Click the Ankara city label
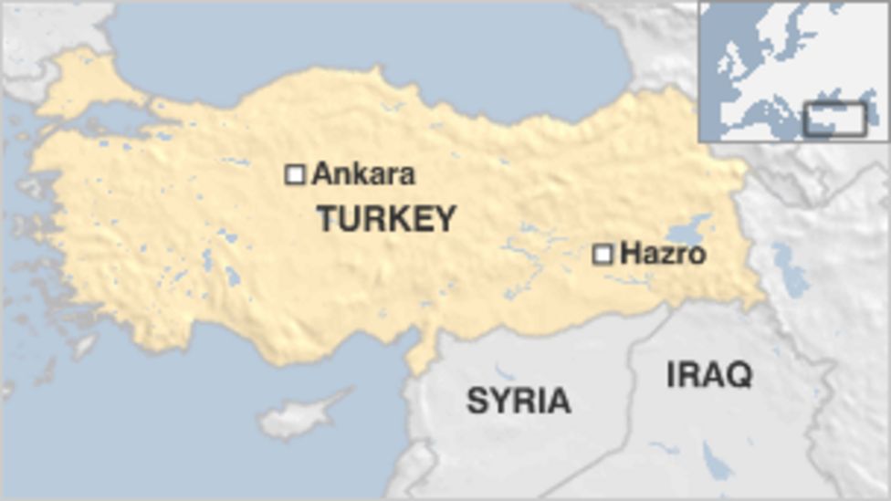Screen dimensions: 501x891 point(363,173)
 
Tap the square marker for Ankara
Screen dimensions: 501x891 point(295,174)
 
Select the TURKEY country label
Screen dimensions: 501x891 point(386,219)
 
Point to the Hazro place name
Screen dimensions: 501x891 point(663,254)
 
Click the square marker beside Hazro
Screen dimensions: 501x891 point(603,255)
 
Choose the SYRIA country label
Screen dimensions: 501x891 point(519,401)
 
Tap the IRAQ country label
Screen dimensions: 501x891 point(709,374)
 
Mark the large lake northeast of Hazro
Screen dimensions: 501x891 point(691,227)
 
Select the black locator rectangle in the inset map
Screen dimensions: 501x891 point(834,120)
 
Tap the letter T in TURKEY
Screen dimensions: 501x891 point(327,219)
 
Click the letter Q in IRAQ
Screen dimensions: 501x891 point(739,375)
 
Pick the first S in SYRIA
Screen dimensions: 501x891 point(477,401)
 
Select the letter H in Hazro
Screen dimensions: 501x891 point(629,254)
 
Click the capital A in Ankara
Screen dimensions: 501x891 point(321,173)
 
